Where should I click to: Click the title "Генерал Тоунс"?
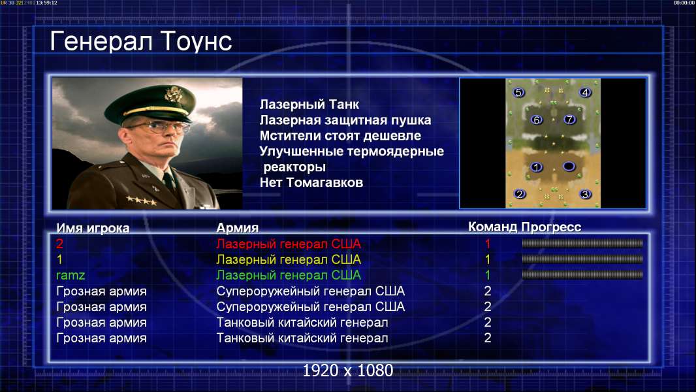(x=141, y=41)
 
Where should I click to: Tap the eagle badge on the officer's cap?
(x=172, y=94)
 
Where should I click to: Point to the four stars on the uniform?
(x=142, y=201)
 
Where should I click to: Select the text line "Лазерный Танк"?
(x=309, y=105)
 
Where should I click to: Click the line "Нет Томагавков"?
(x=311, y=182)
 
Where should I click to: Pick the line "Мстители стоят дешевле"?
(x=340, y=135)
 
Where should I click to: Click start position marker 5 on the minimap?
(x=518, y=92)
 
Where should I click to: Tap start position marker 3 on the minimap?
(x=586, y=194)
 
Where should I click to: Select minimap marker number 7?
(x=569, y=119)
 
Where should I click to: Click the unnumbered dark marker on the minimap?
(x=569, y=167)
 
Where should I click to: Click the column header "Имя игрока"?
(x=93, y=228)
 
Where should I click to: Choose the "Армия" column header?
(x=237, y=228)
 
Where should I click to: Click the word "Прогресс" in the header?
(x=551, y=227)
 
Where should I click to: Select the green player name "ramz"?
(x=71, y=275)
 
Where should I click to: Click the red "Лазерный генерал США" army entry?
(x=289, y=244)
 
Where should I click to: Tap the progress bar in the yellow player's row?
(x=582, y=259)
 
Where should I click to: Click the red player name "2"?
(x=59, y=244)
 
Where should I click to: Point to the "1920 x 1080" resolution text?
(x=347, y=370)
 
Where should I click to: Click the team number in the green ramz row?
(x=487, y=275)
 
